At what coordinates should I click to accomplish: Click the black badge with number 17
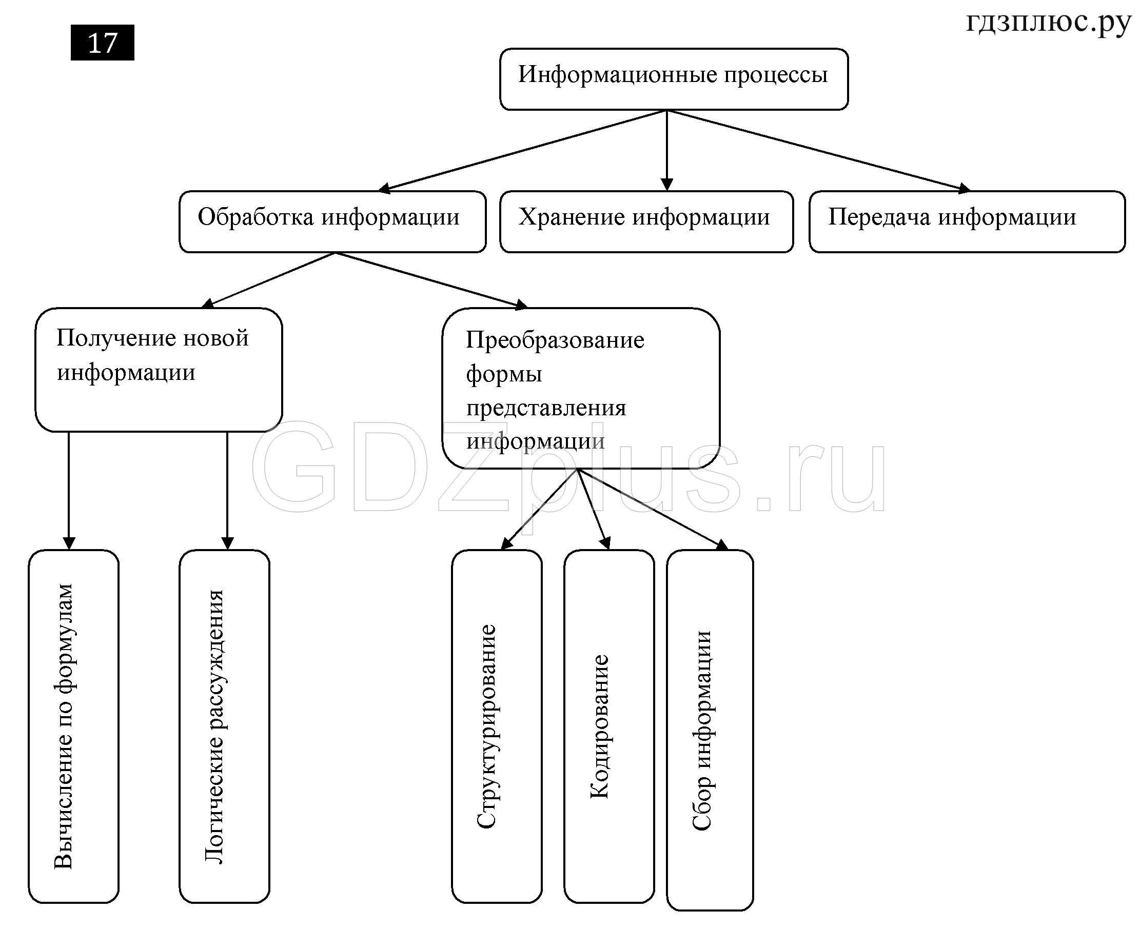[x=102, y=43]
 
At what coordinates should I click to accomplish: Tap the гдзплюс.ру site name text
[x=1048, y=23]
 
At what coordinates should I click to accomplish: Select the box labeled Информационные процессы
[x=673, y=78]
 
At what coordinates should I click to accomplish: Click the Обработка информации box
[x=332, y=221]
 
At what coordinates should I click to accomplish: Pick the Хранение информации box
[x=646, y=221]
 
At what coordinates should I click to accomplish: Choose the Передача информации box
[x=966, y=221]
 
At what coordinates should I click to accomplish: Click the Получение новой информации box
[x=159, y=369]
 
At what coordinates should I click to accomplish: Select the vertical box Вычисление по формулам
[x=73, y=727]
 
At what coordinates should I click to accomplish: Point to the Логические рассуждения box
[x=224, y=727]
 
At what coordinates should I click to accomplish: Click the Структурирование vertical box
[x=496, y=727]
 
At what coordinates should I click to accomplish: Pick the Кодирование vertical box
[x=608, y=727]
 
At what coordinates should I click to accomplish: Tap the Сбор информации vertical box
[x=710, y=730]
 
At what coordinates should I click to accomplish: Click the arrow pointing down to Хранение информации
[x=666, y=152]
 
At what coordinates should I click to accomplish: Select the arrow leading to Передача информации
[x=820, y=150]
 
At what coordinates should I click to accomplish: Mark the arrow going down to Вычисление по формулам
[x=69, y=488]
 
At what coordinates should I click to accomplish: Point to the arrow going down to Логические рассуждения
[x=227, y=488]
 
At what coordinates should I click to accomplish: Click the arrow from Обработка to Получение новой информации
[x=269, y=280]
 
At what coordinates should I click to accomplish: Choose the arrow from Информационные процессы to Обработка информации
[x=521, y=150]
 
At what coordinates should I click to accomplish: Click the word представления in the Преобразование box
[x=546, y=408]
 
